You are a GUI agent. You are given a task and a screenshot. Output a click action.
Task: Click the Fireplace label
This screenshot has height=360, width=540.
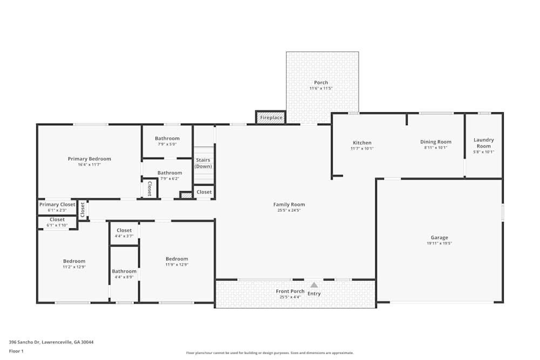[271, 118]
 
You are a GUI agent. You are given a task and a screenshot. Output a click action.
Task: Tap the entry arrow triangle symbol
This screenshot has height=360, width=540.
[314, 284]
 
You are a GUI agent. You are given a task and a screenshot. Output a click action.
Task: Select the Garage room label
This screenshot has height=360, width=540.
[439, 237]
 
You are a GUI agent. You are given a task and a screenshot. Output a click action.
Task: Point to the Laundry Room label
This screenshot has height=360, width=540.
[483, 143]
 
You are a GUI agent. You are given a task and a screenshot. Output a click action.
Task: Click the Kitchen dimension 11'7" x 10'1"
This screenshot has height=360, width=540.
[362, 148]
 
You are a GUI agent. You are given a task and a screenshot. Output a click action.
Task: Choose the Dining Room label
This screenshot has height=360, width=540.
[436, 142]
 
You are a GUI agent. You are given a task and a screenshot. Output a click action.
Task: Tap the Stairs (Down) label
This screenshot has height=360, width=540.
[203, 163]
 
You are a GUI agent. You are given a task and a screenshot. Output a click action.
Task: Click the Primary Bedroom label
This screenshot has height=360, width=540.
[89, 159]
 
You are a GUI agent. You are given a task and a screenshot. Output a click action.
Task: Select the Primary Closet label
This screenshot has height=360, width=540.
[57, 205]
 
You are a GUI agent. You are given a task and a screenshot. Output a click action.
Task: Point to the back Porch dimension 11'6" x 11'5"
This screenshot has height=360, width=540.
[321, 89]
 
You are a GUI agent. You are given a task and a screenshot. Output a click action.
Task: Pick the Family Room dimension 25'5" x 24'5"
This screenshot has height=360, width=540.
[289, 210]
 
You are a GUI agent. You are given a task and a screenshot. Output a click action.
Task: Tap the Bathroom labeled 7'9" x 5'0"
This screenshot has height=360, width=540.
[167, 139]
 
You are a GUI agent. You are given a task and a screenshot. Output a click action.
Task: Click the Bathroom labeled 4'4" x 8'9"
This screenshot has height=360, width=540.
[124, 271]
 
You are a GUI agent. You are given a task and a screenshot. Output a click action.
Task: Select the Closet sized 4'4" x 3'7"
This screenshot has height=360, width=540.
[124, 230]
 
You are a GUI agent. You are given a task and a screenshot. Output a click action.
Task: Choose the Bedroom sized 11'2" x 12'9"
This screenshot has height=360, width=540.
[74, 261]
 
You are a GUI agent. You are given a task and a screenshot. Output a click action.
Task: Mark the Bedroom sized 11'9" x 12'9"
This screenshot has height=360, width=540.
[177, 259]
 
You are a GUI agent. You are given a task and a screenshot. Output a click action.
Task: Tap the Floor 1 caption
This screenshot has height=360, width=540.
[16, 351]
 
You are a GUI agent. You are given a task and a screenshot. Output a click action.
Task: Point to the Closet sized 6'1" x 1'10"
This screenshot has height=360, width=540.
[57, 220]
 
